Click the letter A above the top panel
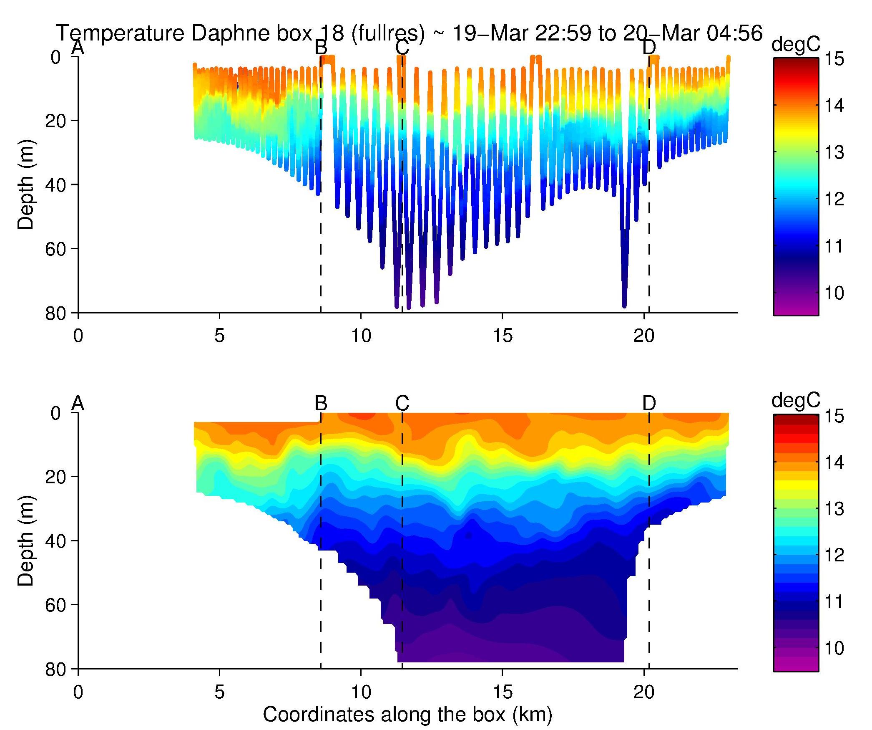[78, 48]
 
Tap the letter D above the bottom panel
[649, 403]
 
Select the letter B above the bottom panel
[321, 403]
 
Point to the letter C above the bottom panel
[402, 403]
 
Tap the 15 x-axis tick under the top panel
[503, 336]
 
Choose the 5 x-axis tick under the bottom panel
[219, 692]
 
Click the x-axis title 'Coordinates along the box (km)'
[407, 715]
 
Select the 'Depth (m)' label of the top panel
[26, 184]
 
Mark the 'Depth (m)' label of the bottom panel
[26, 541]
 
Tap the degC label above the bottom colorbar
[796, 400]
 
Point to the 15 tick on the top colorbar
[834, 59]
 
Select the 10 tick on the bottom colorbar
[834, 648]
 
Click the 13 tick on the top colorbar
[834, 152]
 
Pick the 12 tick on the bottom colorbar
[834, 555]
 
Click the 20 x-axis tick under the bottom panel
[644, 692]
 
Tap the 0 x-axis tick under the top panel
[78, 336]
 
